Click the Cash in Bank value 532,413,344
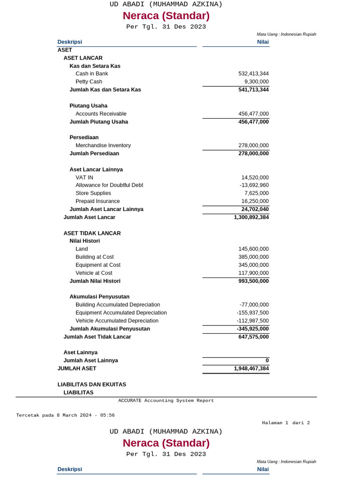click(x=253, y=74)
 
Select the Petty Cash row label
click(x=89, y=82)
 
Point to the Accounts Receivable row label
click(x=101, y=114)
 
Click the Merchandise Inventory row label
click(x=103, y=145)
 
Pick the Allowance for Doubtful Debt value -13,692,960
click(x=254, y=185)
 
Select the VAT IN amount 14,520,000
click(x=255, y=178)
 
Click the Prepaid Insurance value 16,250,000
click(x=255, y=201)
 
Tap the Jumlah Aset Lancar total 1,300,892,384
click(x=251, y=217)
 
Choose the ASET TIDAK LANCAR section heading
click(x=92, y=233)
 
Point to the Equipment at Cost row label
click(x=98, y=265)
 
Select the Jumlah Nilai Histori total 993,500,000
click(x=253, y=281)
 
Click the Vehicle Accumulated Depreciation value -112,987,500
click(x=253, y=321)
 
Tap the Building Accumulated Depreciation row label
click(x=118, y=305)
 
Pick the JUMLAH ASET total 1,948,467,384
click(x=251, y=368)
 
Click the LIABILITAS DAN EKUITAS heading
click(x=91, y=384)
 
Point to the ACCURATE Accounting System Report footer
click(x=166, y=401)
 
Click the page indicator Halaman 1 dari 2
click(x=285, y=423)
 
